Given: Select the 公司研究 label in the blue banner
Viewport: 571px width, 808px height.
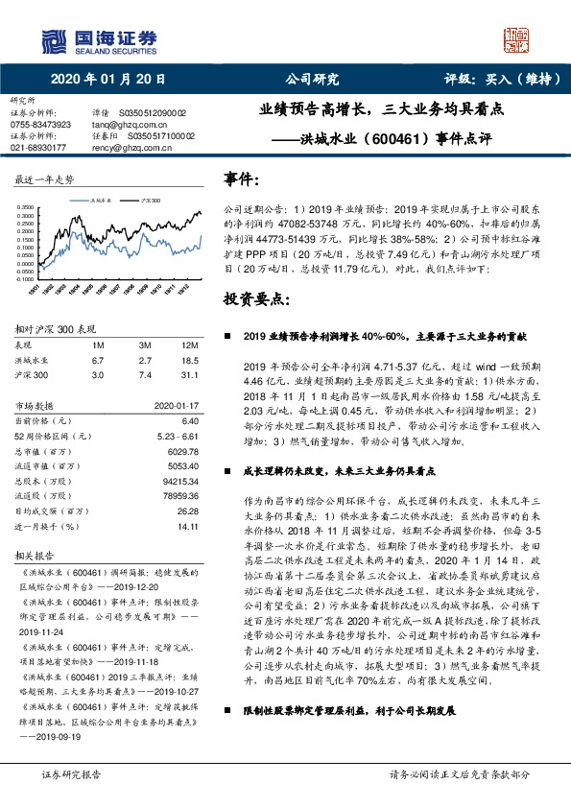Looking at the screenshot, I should pos(312,79).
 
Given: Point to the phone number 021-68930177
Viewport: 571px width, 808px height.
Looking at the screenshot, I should pos(38,148).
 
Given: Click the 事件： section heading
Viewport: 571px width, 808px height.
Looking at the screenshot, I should pos(242,179).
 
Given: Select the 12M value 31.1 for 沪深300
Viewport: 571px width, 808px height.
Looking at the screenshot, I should pos(189,373).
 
